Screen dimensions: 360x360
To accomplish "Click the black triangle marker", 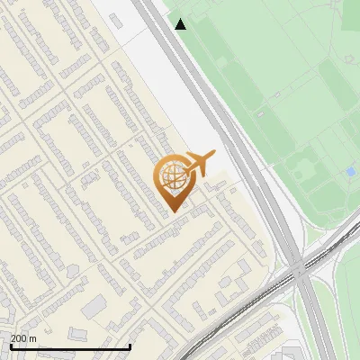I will [181, 24].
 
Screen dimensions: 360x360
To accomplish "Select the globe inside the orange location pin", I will [174, 177].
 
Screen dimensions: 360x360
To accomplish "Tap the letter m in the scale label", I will [33, 338].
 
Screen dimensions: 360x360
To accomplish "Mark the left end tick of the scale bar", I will [10, 346].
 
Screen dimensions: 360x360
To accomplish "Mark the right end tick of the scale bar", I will [130, 346].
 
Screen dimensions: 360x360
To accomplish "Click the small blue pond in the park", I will [350, 171].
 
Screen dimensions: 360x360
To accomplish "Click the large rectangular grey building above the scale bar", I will [94, 307].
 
